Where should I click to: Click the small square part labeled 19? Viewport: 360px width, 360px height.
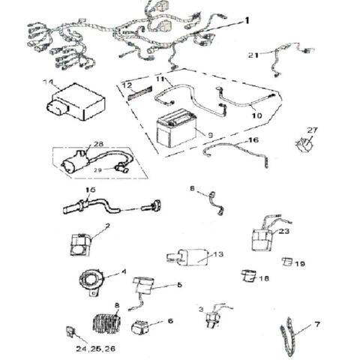[x=286, y=262]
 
